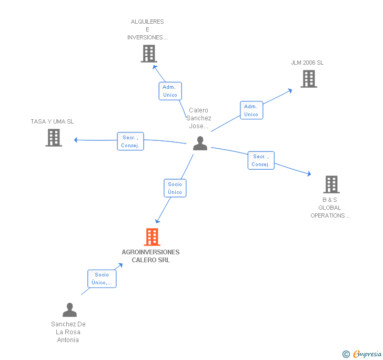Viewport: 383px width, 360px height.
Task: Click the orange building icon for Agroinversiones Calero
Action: [152, 237]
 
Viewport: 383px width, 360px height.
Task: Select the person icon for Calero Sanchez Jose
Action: [200, 143]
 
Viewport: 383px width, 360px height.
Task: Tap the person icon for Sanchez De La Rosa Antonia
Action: [69, 310]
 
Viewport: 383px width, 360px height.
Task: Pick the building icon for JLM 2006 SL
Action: [308, 79]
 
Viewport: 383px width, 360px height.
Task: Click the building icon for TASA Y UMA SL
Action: [53, 137]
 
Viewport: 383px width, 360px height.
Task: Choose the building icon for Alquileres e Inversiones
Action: [149, 53]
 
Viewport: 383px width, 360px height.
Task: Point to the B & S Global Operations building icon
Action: [331, 184]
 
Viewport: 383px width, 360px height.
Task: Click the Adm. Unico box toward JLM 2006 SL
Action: [251, 110]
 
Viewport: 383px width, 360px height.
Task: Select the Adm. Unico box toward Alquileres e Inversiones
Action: [170, 91]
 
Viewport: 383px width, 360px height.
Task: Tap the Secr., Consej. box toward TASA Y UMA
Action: [130, 141]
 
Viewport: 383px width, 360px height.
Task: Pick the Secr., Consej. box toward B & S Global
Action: [261, 160]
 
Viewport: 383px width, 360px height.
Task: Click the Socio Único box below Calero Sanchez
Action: [175, 188]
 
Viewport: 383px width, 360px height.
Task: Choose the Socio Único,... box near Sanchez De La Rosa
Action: [102, 279]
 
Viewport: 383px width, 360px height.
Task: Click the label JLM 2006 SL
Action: [307, 63]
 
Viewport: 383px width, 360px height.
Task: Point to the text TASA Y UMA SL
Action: [52, 121]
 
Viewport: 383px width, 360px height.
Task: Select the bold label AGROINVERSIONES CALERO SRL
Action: [150, 256]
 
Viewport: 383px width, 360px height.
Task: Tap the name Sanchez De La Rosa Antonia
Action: [68, 332]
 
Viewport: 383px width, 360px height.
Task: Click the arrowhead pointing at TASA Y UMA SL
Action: [76, 140]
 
